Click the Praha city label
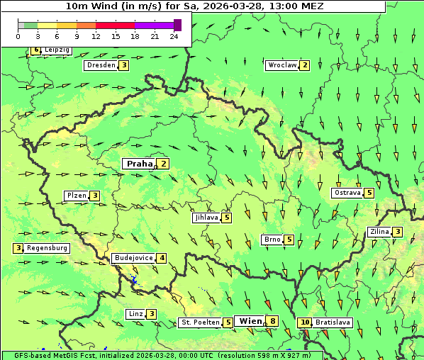pyautogui.click(x=139, y=164)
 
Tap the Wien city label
pyautogui.click(x=250, y=321)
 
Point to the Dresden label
pyautogui.click(x=100, y=65)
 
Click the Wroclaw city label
pyautogui.click(x=281, y=65)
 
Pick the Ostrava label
pyautogui.click(x=347, y=193)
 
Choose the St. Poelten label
pyautogui.click(x=199, y=322)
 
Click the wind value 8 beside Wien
pyautogui.click(x=272, y=321)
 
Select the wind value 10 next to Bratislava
pyautogui.click(x=305, y=322)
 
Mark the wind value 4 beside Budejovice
pyautogui.click(x=162, y=258)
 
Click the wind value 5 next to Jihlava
pyautogui.click(x=227, y=218)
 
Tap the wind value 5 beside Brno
pyautogui.click(x=289, y=240)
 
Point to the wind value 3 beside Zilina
pyautogui.click(x=398, y=232)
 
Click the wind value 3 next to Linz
pyautogui.click(x=151, y=314)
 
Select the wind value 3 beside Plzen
pyautogui.click(x=94, y=196)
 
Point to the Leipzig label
pyautogui.click(x=57, y=50)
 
